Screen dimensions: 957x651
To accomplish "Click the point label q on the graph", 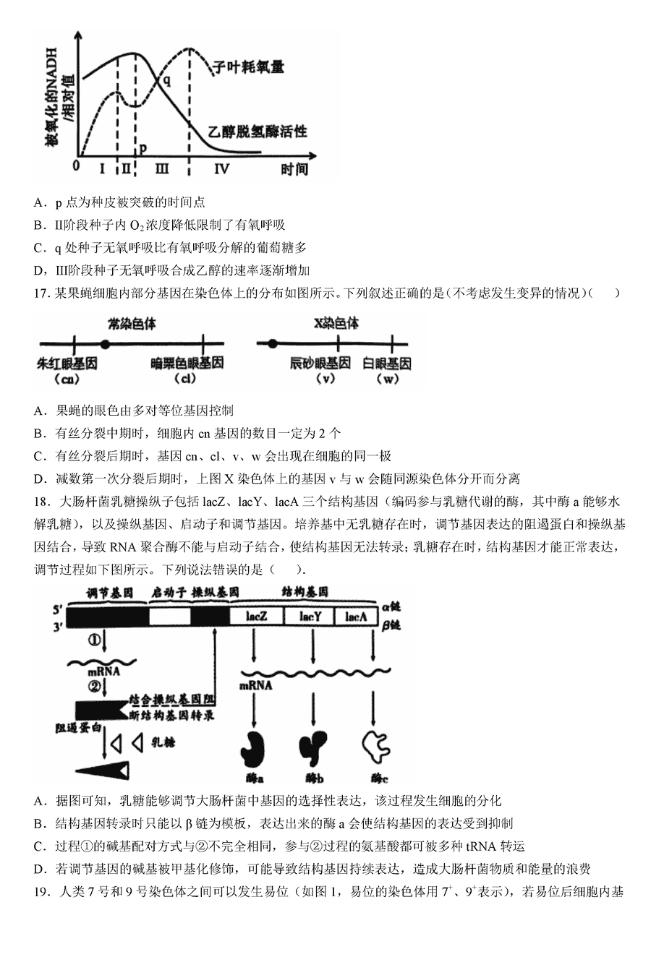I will pyautogui.click(x=167, y=80).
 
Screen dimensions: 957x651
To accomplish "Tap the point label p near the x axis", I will pyautogui.click(x=143, y=147).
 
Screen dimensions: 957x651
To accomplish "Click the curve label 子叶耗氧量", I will pyautogui.click(x=247, y=67).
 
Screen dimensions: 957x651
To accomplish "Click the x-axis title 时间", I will pyautogui.click(x=294, y=168).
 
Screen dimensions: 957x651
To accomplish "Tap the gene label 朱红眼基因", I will pyautogui.click(x=67, y=363).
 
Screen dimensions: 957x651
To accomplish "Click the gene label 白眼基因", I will pyautogui.click(x=386, y=363).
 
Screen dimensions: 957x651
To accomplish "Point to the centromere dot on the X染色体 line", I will pyautogui.click(x=272, y=344).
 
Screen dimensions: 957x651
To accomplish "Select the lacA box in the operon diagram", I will pyautogui.click(x=356, y=617).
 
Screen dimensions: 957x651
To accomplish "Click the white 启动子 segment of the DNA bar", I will pyautogui.click(x=170, y=617).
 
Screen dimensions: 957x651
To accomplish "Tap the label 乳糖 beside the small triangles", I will pyautogui.click(x=163, y=742).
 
